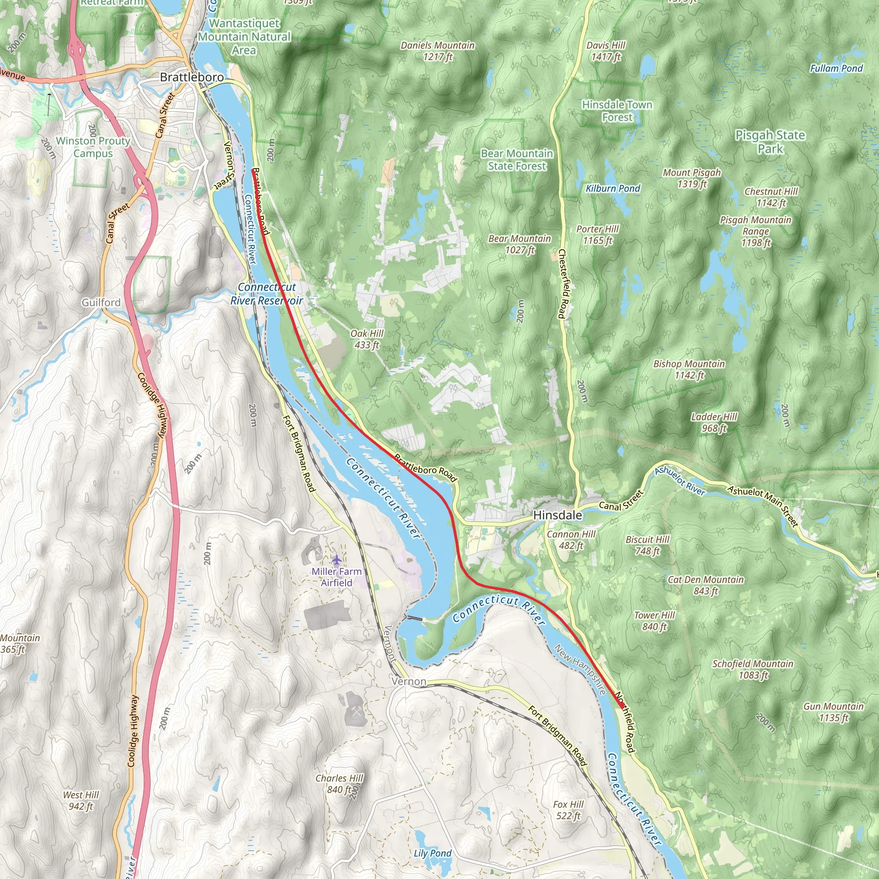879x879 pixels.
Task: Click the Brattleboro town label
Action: pos(191,77)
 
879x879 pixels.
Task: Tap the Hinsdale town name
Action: pos(558,515)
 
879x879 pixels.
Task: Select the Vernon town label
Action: pos(409,681)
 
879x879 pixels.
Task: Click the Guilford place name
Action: pos(101,303)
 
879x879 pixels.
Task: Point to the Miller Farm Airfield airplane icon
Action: pos(336,559)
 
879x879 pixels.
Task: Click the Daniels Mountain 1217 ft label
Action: pos(437,51)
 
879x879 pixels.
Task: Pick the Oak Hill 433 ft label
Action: pos(367,339)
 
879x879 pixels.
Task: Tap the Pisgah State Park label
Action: pos(770,142)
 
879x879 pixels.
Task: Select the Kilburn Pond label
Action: pos(612,188)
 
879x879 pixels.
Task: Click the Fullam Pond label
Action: pos(836,68)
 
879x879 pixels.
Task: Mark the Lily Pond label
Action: pos(432,853)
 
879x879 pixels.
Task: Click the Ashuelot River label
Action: pos(680,481)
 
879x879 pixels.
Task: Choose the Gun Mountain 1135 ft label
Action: pos(833,712)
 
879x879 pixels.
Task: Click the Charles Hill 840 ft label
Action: pos(339,783)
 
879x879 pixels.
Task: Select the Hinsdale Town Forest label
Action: pos(617,111)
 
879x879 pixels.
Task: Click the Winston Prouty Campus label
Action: pos(93,147)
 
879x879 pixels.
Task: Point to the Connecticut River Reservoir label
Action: pos(267,294)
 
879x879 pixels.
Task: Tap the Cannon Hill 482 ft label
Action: pos(571,540)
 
